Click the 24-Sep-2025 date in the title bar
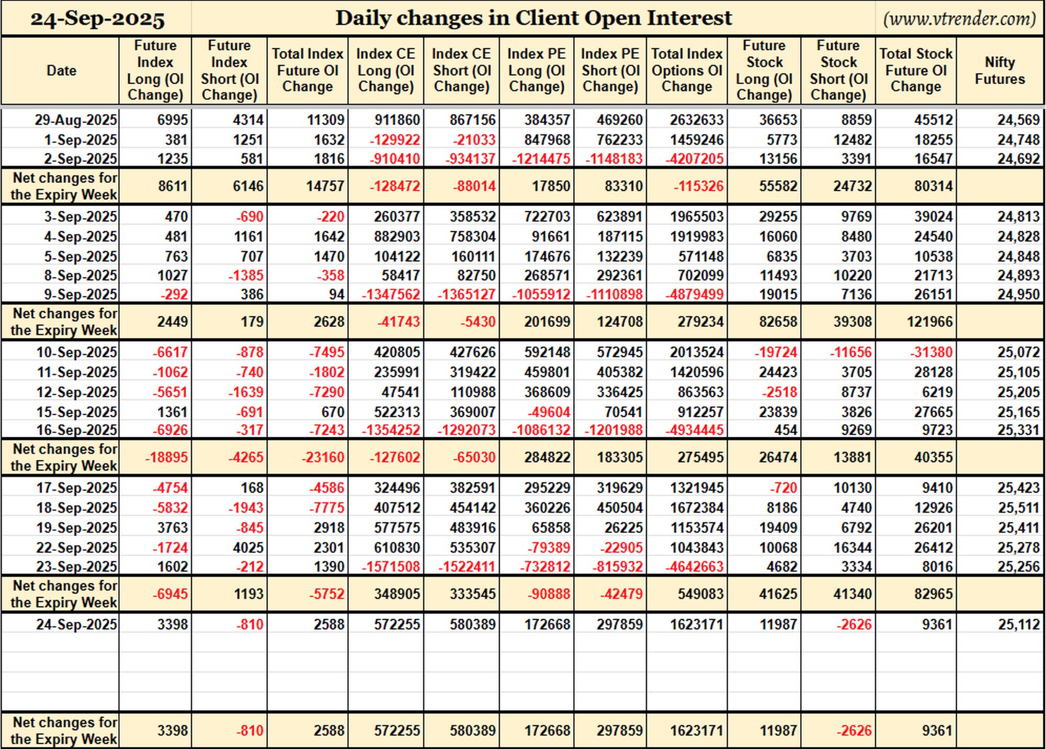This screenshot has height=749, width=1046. pyautogui.click(x=97, y=19)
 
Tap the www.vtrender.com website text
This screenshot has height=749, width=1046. pyautogui.click(x=959, y=19)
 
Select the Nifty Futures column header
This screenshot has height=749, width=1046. pyautogui.click(x=999, y=71)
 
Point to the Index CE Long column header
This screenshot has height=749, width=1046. pyautogui.click(x=385, y=71)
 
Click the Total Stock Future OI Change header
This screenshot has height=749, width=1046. pyautogui.click(x=916, y=71)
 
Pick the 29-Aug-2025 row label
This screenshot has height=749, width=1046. pyautogui.click(x=76, y=120)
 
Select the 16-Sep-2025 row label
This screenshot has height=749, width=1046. pyautogui.click(x=76, y=430)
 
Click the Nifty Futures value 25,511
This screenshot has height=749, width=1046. pyautogui.click(x=1018, y=508)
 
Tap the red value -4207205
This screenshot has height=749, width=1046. pyautogui.click(x=694, y=158)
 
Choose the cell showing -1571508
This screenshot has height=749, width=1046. pyautogui.click(x=391, y=567)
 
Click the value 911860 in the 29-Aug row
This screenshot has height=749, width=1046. pyautogui.click(x=397, y=120)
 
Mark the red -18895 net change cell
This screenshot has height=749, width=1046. pyautogui.click(x=166, y=458)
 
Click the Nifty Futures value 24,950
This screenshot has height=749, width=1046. pyautogui.click(x=1018, y=294)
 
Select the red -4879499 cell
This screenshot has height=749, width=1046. pyautogui.click(x=694, y=294)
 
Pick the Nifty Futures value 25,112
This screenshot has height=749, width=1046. pyautogui.click(x=1018, y=625)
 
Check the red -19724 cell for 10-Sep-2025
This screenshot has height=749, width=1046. pyautogui.click(x=776, y=353)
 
